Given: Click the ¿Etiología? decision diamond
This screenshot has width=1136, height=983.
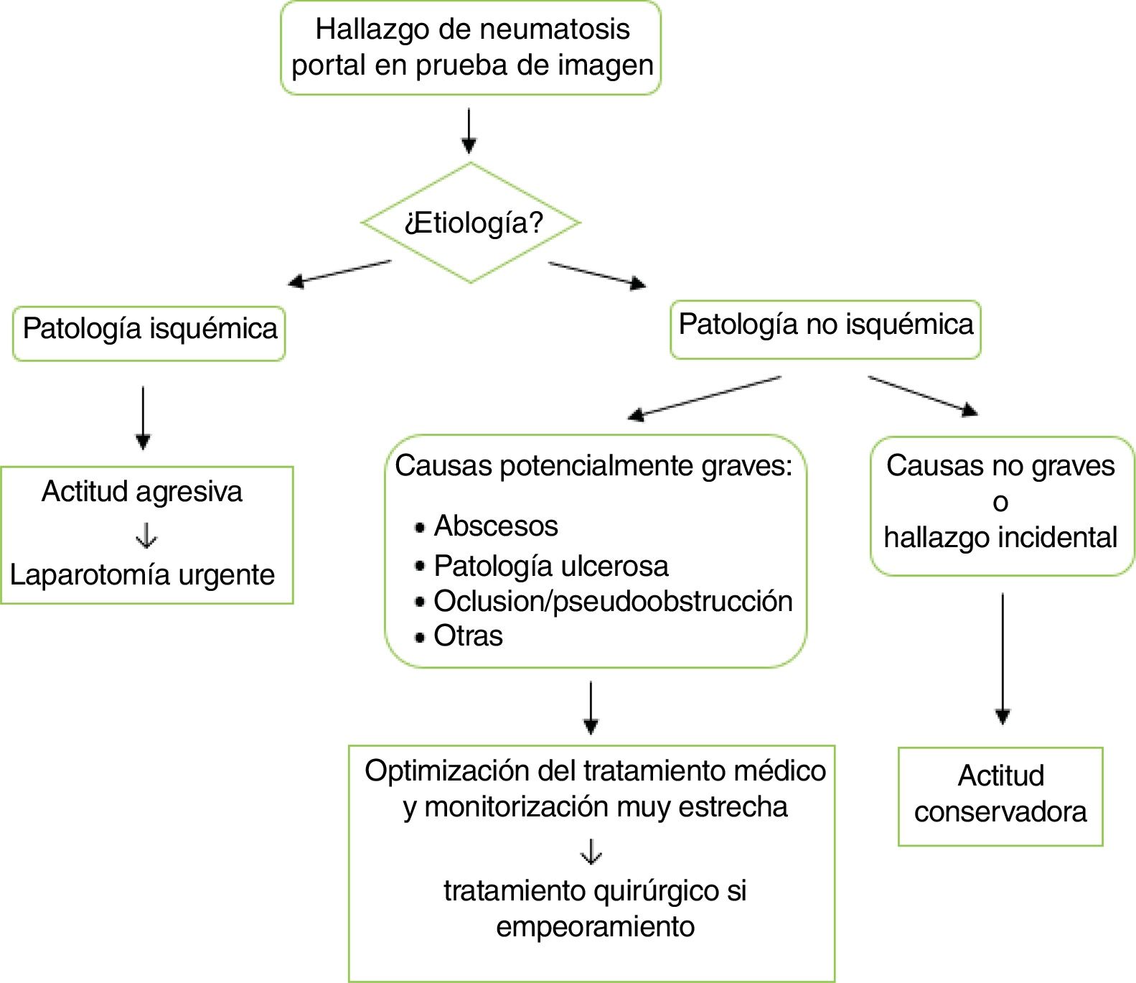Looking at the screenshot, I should tap(471, 223).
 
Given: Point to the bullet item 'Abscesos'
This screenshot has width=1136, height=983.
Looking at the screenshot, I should tap(496, 526).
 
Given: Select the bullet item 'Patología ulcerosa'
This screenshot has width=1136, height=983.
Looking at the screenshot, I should tap(550, 567).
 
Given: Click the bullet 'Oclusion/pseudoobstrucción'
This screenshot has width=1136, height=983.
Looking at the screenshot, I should tap(613, 602).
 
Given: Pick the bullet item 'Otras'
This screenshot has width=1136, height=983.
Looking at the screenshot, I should tap(468, 636).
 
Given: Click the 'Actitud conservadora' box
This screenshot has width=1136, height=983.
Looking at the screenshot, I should tap(1000, 795).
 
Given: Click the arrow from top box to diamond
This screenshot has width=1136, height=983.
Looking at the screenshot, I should tap(469, 130).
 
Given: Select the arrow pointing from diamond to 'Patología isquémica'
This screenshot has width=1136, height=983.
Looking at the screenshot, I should tap(339, 272).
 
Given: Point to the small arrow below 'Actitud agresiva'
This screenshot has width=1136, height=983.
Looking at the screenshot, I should tap(146, 536).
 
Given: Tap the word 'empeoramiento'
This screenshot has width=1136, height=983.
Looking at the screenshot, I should tap(595, 926).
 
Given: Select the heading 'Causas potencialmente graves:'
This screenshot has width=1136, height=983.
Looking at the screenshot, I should tap(593, 467).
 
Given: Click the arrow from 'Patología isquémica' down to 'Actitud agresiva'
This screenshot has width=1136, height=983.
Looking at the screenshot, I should tap(143, 417).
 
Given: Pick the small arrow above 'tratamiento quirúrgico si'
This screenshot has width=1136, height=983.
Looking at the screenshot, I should tap(591, 852).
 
